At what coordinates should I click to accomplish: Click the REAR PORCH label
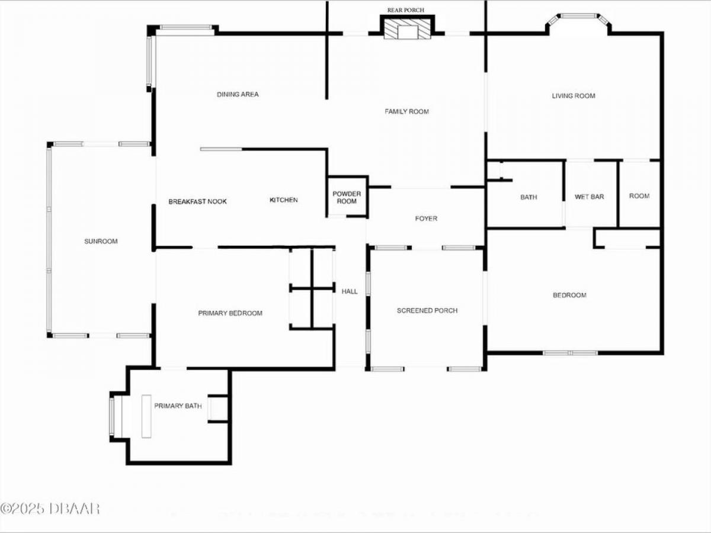405,10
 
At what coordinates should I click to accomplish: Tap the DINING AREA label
238,95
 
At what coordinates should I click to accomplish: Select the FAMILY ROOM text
407,112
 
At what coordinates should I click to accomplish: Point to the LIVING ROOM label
574,96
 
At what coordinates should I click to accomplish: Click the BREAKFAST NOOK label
197,201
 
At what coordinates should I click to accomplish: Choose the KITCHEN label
284,200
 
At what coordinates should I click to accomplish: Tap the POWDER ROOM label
347,197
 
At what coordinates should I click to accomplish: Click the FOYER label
426,219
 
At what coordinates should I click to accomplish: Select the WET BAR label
589,197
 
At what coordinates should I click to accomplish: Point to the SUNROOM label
101,241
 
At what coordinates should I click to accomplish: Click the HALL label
350,291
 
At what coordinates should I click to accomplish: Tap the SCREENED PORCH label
427,311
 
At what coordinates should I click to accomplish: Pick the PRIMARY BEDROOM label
230,313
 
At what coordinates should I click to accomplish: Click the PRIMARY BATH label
178,406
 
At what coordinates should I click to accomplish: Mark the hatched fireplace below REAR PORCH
407,28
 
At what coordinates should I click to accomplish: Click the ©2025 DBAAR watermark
50,509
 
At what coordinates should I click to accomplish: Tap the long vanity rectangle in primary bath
146,416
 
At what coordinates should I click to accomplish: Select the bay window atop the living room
578,20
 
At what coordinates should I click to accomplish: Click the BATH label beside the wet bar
529,197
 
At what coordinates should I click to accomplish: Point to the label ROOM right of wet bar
639,196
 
